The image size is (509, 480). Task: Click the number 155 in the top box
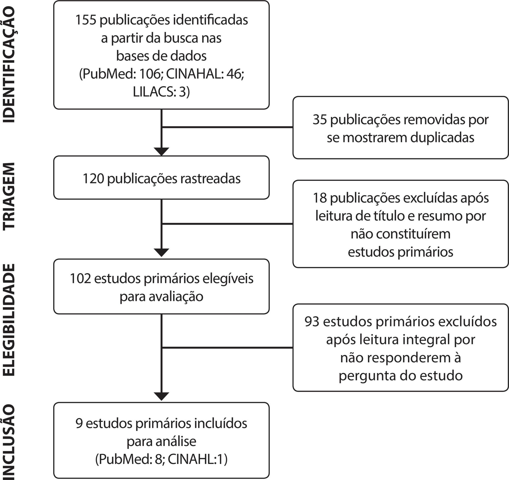point(86,20)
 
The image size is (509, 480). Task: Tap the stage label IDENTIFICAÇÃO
point(9,65)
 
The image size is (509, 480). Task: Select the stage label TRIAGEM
point(9,197)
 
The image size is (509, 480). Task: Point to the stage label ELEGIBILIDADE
point(9,320)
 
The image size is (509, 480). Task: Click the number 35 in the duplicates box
point(320,120)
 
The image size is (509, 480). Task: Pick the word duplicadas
point(442,138)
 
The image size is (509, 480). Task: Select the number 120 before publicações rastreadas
point(93,179)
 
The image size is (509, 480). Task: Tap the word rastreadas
point(210,179)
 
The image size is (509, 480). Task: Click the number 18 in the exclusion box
point(320,198)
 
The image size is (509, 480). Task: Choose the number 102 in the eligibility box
point(80,279)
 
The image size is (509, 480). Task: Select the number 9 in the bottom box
point(79,424)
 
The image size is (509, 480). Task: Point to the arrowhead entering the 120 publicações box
point(162,151)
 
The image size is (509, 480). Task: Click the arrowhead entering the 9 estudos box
point(162,396)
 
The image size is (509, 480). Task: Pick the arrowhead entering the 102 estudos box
point(162,253)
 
